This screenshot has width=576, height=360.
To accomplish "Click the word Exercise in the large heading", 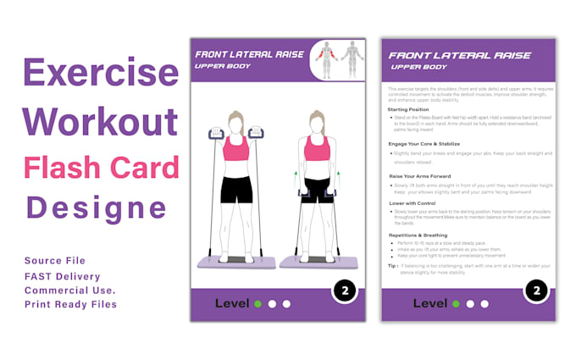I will click(101, 74).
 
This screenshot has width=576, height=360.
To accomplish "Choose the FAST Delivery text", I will click(63, 276).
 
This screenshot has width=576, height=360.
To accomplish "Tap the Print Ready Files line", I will click(70, 304).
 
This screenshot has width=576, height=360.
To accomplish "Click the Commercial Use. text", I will click(70, 290).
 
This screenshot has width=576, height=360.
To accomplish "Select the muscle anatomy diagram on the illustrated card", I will click(338, 59).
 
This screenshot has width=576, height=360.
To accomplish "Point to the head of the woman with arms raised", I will click(236, 124).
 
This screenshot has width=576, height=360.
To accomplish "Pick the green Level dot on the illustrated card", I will click(258, 303).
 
